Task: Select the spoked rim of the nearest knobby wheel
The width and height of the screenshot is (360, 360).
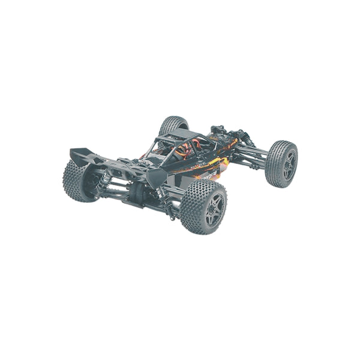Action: pyautogui.click(x=214, y=207)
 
